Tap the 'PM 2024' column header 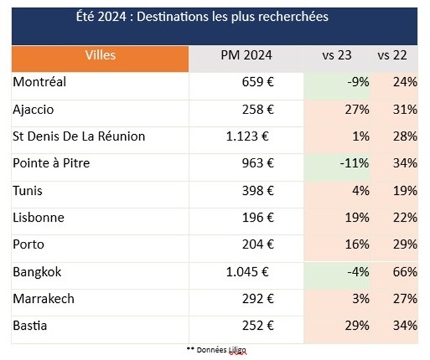click(x=247, y=56)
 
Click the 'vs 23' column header click(x=337, y=56)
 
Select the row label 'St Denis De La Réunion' click(x=79, y=136)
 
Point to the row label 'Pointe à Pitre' click(x=51, y=163)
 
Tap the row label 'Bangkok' click(x=37, y=271)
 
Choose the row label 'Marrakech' click(x=44, y=298)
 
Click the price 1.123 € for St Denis click(x=248, y=136)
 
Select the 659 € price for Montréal click(x=257, y=83)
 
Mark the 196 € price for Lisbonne click(x=257, y=218)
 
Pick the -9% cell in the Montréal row click(x=359, y=83)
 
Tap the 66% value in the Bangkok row click(x=406, y=271)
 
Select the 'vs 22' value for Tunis click(x=406, y=191)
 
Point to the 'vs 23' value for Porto click(x=357, y=244)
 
